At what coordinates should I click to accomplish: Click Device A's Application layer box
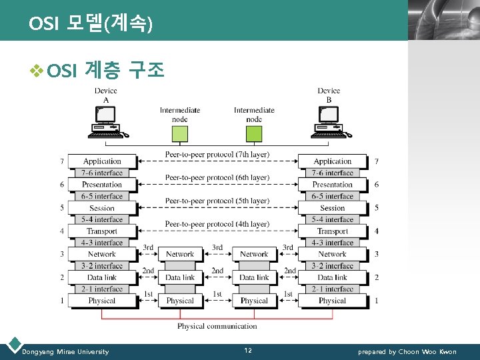[x=102, y=161]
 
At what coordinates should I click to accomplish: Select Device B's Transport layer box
[x=332, y=231]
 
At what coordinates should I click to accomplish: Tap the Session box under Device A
[x=102, y=208]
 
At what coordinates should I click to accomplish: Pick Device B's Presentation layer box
[x=332, y=185]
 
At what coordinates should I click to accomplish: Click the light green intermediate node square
[x=180, y=134]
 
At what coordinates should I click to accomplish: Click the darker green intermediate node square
[x=254, y=134]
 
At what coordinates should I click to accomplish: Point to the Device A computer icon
[x=106, y=123]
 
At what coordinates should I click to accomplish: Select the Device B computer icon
[x=329, y=123]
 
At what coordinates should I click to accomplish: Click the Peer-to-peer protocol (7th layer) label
[x=217, y=155]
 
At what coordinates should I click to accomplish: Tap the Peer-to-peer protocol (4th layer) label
[x=217, y=225]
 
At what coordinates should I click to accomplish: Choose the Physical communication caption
[x=217, y=326]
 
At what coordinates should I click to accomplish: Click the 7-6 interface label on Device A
[x=102, y=173]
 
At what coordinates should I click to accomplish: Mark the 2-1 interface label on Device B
[x=332, y=289]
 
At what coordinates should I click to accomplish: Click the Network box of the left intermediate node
[x=180, y=254]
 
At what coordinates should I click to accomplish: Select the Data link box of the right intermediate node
[x=254, y=277]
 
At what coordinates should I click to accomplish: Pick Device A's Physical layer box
[x=102, y=301]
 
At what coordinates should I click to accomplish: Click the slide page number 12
[x=248, y=351]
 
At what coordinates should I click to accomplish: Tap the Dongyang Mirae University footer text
[x=65, y=351]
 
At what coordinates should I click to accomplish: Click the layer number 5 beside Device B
[x=377, y=208]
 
